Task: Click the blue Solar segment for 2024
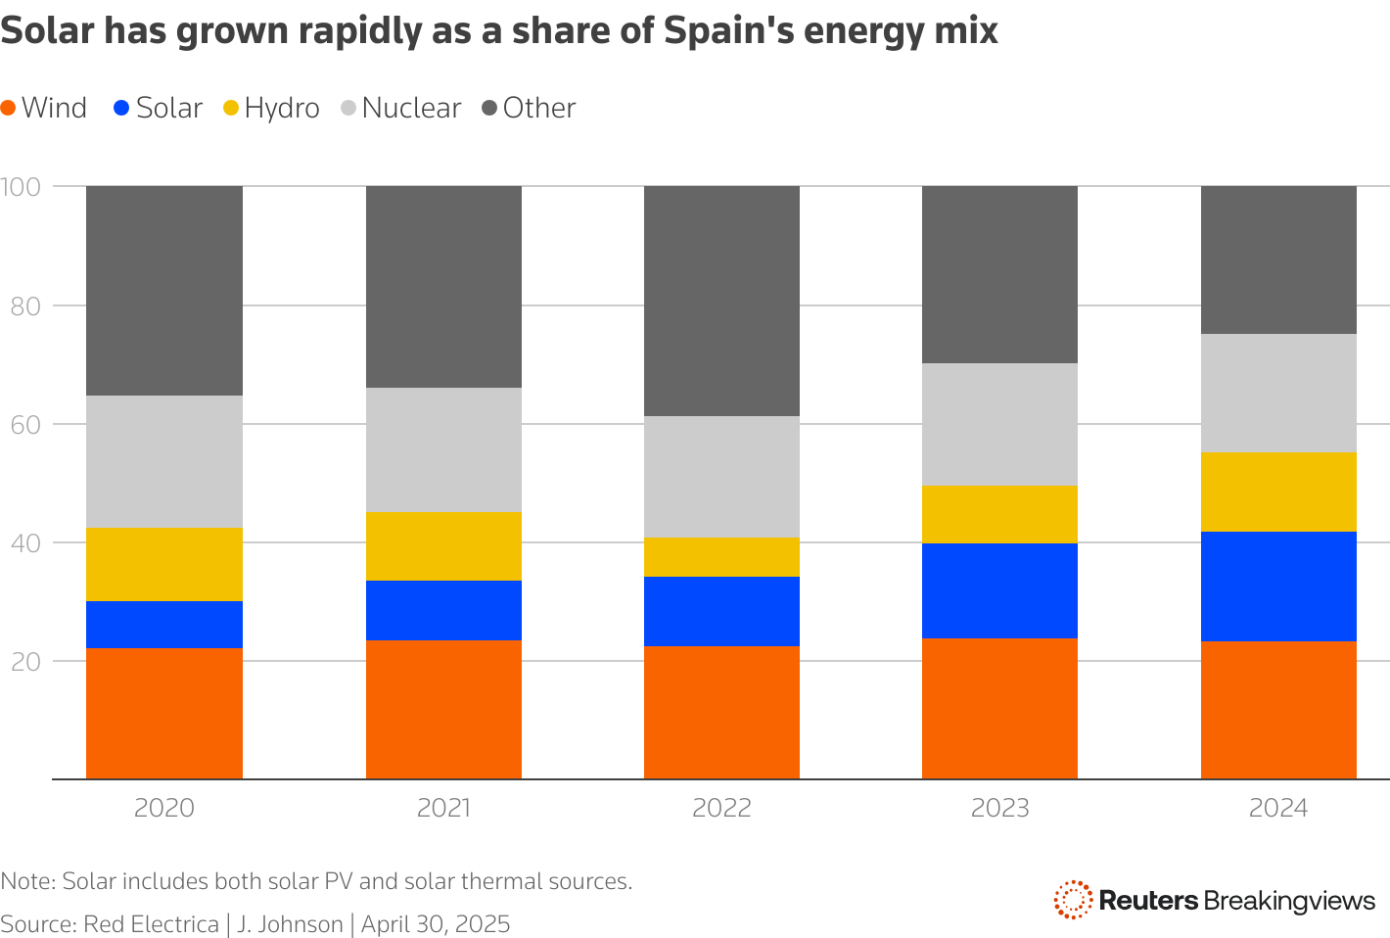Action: [x=1278, y=586]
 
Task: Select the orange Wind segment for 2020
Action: [x=164, y=713]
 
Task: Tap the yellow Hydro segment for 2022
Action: [x=721, y=557]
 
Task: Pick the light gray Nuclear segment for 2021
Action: [x=443, y=449]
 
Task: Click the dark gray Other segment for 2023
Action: [x=999, y=274]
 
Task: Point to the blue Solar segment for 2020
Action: [x=164, y=624]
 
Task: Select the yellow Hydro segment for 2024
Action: [x=1278, y=492]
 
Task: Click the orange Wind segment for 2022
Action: [x=721, y=712]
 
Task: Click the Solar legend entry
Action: [x=159, y=108]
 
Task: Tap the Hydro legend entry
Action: [x=271, y=108]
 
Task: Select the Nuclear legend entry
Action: [x=400, y=108]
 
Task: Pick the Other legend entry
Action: [x=530, y=108]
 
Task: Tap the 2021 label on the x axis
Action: [x=443, y=809]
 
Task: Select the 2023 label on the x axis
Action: [x=999, y=809]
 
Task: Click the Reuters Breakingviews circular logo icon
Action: [x=1073, y=899]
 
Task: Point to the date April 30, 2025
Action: [x=436, y=924]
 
